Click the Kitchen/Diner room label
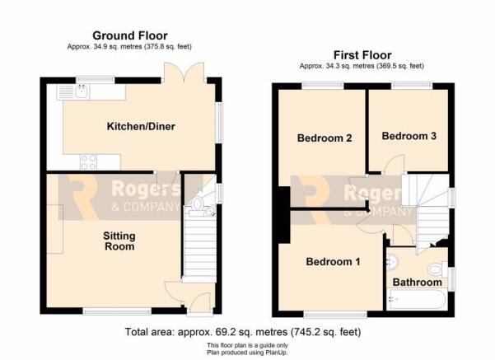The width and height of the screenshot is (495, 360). click(141, 127)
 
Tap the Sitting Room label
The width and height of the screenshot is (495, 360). click(119, 241)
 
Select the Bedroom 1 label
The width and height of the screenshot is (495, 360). click(333, 262)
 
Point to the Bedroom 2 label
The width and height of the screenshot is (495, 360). click(325, 138)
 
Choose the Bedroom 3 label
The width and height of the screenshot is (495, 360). click(409, 136)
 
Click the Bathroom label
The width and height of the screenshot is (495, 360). click(417, 283)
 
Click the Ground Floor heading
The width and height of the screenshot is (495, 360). click(130, 35)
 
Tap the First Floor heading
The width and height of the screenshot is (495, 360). click(362, 55)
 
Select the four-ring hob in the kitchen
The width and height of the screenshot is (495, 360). click(88, 162)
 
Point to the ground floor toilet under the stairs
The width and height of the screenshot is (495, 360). click(197, 204)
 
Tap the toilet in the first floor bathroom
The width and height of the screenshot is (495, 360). click(437, 270)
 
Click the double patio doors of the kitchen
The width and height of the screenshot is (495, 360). click(184, 72)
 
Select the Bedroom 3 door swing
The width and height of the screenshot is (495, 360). click(395, 164)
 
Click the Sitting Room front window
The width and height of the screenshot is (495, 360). click(117, 311)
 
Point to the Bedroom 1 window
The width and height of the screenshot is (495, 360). click(336, 314)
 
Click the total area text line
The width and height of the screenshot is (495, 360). click(243, 332)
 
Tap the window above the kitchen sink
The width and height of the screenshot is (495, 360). click(96, 80)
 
